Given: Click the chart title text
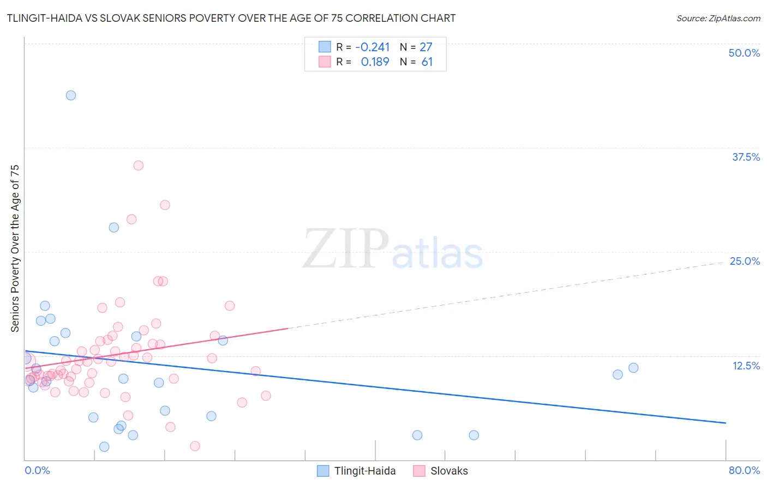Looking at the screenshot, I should point(231,18).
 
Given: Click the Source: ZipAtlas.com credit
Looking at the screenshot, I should point(718,18).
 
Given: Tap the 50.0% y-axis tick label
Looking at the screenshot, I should point(744,53).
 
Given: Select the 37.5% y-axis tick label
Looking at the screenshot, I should point(746,157).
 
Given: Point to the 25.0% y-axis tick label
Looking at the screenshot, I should point(745,261).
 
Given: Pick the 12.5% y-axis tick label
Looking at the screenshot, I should point(746,366).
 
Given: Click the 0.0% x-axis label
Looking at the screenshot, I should point(37,470).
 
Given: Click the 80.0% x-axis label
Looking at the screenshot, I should point(744,470).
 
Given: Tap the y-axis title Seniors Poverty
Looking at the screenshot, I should point(15,248).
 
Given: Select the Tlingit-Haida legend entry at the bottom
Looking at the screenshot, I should point(364,471).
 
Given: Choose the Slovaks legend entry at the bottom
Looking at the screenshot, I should point(448,471).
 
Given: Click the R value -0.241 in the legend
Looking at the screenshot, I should point(372,47).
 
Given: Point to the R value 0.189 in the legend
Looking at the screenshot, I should point(375,62).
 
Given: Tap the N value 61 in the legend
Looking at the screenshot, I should point(427,62).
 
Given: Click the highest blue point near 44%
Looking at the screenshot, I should point(71,95).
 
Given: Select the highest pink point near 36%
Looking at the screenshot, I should point(139,166).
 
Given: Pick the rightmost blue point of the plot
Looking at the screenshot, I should point(633,368).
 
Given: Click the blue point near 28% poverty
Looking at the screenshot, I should point(114,227).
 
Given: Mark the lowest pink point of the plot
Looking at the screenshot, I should point(195,446).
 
